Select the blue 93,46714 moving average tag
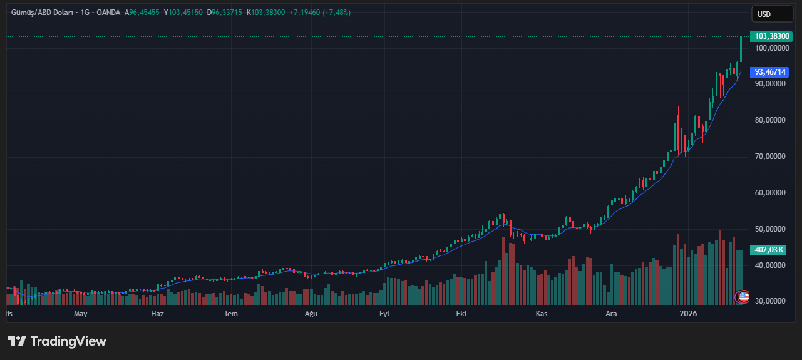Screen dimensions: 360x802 (x=769, y=72)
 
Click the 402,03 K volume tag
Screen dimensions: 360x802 (x=769, y=250)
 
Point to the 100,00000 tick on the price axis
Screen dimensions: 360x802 (x=770, y=48)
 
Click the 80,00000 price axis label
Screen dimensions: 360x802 (x=770, y=120)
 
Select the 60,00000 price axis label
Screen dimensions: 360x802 (x=770, y=193)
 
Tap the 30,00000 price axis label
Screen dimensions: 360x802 (x=770, y=301)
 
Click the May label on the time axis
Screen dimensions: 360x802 (x=80, y=314)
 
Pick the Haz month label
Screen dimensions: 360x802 (x=157, y=314)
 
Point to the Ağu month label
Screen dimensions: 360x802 (x=311, y=314)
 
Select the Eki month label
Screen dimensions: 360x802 (x=461, y=314)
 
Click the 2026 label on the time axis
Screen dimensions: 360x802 (x=688, y=314)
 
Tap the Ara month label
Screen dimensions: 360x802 (x=611, y=314)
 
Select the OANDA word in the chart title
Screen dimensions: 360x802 (x=108, y=13)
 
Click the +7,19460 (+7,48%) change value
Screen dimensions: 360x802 (x=320, y=13)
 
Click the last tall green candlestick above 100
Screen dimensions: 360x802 (x=741, y=49)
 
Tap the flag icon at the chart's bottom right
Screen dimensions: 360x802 (x=743, y=297)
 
